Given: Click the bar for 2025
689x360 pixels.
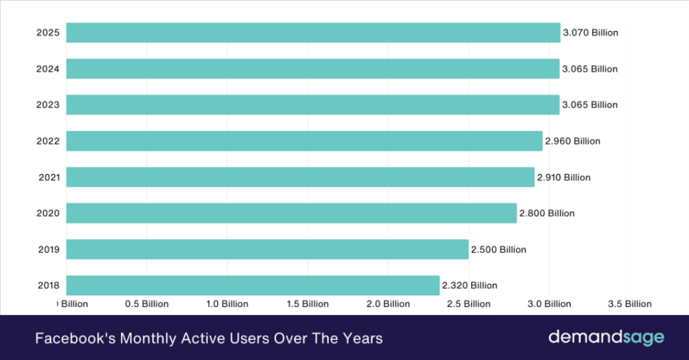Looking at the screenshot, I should [313, 32].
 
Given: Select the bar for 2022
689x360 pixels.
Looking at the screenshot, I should [304, 141].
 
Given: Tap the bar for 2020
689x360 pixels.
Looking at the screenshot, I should [291, 213].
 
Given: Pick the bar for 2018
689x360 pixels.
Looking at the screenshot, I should [253, 285].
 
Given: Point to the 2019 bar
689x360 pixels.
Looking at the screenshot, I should [267, 250].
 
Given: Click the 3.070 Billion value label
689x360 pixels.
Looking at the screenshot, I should [590, 32].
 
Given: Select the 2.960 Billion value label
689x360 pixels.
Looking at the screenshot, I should [573, 141].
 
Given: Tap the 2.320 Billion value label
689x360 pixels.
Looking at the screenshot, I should [470, 285].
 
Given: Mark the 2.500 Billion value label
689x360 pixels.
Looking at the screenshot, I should [499, 250].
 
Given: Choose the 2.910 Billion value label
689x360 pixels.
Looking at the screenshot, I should [564, 178].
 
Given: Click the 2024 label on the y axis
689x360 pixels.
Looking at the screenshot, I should [48, 69].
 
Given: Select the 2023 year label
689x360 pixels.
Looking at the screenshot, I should [48, 105].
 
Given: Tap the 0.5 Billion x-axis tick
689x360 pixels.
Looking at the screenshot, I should [147, 304].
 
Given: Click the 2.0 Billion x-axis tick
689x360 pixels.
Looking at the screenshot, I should [388, 304].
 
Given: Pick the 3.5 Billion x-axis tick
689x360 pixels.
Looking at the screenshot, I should [629, 304].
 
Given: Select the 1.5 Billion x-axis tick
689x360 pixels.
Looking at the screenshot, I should [307, 304].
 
